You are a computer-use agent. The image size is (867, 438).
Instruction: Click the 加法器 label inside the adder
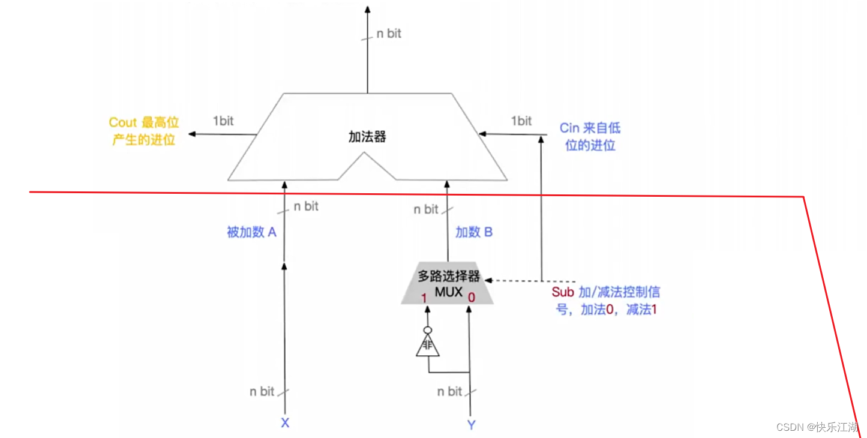point(367,137)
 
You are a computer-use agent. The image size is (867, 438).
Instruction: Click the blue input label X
point(285,423)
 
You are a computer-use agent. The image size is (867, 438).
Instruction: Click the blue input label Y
point(471,425)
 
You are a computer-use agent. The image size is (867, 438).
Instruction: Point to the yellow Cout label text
point(144,131)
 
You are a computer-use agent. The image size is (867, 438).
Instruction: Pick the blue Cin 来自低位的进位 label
point(590,136)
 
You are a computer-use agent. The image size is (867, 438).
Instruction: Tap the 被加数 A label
point(251,232)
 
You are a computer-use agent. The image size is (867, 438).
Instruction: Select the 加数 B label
point(474,232)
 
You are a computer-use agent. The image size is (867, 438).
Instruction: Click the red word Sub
point(563,292)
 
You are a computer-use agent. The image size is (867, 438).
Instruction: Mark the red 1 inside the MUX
point(424,297)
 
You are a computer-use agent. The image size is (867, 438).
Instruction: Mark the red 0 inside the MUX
point(472,296)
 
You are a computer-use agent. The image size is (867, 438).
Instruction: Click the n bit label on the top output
point(389,34)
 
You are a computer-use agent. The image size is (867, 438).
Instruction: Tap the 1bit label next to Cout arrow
point(223,121)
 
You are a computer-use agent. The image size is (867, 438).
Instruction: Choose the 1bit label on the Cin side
point(521,121)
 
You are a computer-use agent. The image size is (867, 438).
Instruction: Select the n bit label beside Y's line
point(449,392)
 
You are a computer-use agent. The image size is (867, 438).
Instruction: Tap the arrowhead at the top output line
point(368,9)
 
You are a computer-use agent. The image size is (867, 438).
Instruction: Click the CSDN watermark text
point(817,427)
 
